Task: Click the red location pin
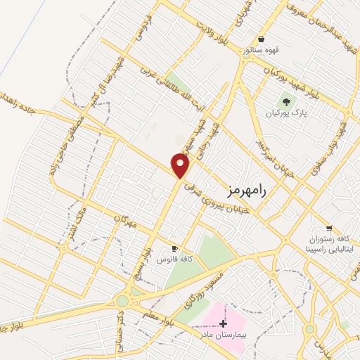tap(181, 165)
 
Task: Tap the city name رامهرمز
tap(250, 191)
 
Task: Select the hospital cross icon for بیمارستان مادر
tap(224, 323)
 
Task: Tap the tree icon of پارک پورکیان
tap(286, 103)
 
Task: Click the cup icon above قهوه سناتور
tap(262, 39)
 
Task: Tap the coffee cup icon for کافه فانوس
tap(174, 248)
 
